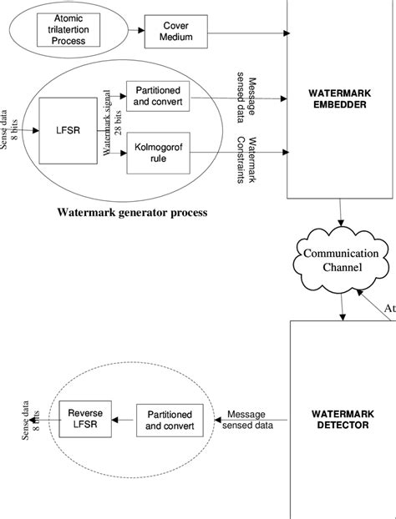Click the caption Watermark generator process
tap(132, 212)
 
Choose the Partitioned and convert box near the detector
tap(169, 421)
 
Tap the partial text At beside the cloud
tap(388, 308)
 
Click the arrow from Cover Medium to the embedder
tap(246, 33)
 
